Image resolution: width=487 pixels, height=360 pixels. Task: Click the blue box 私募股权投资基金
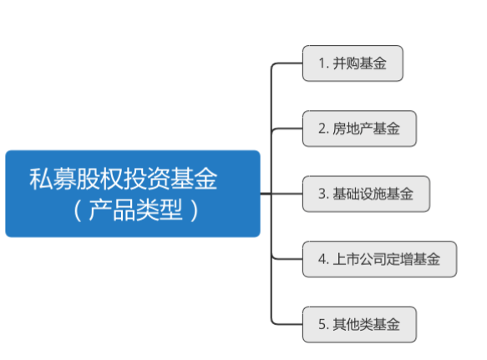point(133,194)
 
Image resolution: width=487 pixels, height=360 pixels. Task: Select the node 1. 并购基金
point(353,63)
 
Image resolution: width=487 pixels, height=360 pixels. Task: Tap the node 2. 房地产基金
point(359,129)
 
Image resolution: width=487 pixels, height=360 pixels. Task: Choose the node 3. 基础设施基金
point(366,194)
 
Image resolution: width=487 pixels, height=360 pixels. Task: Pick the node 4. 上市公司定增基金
point(379,259)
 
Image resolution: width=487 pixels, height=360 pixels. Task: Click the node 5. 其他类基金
point(359,325)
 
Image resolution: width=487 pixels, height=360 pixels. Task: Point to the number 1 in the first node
point(322,63)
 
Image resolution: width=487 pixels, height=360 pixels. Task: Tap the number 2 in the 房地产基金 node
point(322,129)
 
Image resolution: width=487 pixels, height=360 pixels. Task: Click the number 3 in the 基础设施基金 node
point(322,194)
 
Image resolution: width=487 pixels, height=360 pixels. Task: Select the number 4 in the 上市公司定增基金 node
point(322,259)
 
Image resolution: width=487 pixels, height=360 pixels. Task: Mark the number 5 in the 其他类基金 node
point(322,325)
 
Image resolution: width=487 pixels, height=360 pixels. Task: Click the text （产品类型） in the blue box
point(135,210)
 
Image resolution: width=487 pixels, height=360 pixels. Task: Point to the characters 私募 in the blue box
point(53,179)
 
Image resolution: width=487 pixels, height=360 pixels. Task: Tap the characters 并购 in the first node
point(346,63)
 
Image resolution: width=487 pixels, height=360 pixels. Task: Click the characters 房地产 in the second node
point(353,129)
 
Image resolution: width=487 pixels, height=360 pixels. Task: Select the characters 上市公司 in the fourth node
point(359,259)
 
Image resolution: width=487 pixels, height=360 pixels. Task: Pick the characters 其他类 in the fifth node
point(353,325)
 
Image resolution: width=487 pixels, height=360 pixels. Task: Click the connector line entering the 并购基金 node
point(287,63)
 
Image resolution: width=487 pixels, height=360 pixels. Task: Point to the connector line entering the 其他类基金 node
point(287,325)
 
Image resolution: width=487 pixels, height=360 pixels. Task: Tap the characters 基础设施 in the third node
point(359,194)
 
